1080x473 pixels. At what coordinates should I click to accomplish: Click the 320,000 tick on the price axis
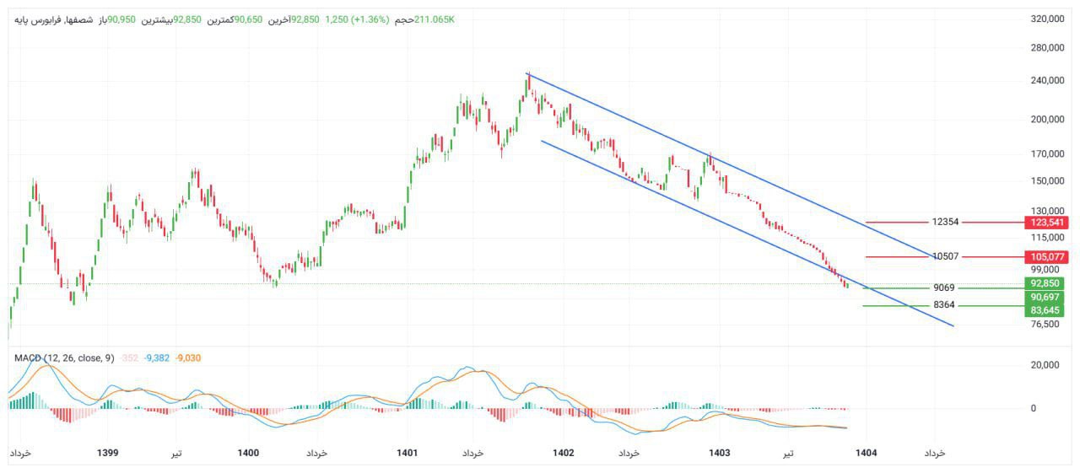tap(1047, 19)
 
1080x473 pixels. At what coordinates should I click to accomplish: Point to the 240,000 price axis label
tap(1047, 81)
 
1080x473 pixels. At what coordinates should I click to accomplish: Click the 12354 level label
tap(945, 223)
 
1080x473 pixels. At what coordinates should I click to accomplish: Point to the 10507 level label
tap(945, 256)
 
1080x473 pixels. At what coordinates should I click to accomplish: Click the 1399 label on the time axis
tap(107, 453)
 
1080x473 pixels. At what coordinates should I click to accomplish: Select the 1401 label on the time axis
tap(407, 453)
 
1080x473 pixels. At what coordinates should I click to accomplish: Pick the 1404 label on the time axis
tap(866, 453)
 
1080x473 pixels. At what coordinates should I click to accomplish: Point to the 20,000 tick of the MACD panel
tap(1047, 365)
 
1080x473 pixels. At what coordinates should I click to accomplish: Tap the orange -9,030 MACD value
tap(188, 358)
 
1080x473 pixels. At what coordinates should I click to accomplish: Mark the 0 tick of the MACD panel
tap(1034, 408)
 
